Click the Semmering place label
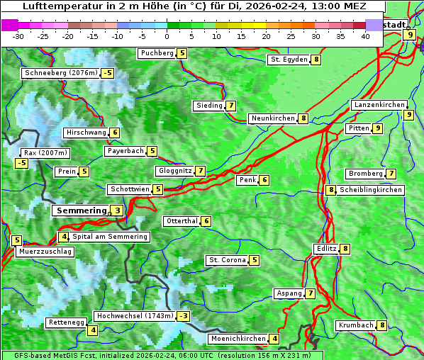pyautogui.click(x=80, y=210)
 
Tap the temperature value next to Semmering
pyautogui.click(x=116, y=210)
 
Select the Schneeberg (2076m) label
pyautogui.click(x=60, y=73)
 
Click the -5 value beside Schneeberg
pyautogui.click(x=107, y=73)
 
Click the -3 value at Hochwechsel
pyautogui.click(x=184, y=315)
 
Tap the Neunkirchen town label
pyautogui.click(x=272, y=118)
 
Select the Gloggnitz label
pyautogui.click(x=174, y=171)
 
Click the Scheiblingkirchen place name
pyautogui.click(x=371, y=190)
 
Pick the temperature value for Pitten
pyautogui.click(x=378, y=128)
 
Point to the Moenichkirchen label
pyautogui.click(x=238, y=339)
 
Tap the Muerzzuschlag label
pyautogui.click(x=45, y=252)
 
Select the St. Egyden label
pyautogui.click(x=289, y=60)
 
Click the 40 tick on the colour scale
pyautogui.click(x=365, y=36)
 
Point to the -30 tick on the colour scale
pyautogui.click(x=19, y=36)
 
